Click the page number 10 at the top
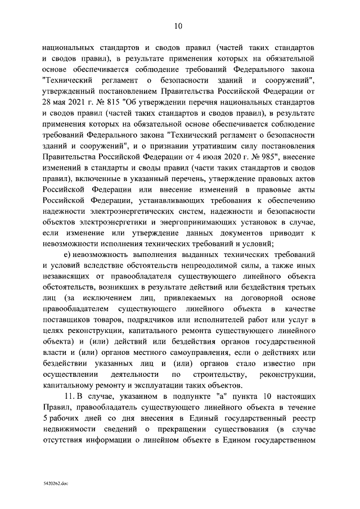coord(178,25)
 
